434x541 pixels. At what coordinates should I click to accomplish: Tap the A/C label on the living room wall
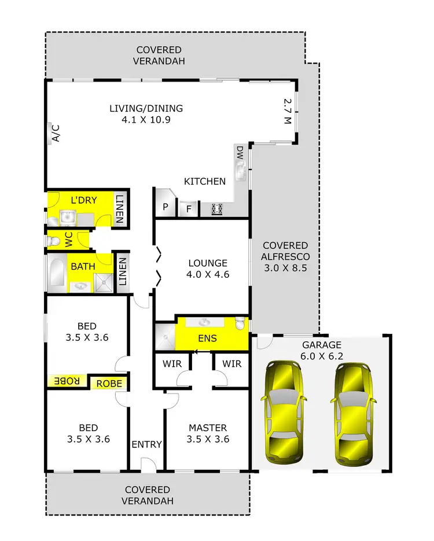(56, 134)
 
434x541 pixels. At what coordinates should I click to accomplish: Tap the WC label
(69, 240)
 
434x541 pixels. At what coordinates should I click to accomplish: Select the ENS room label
(207, 338)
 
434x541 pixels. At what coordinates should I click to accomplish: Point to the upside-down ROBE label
(67, 382)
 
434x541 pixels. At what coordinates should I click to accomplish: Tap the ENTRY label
(146, 444)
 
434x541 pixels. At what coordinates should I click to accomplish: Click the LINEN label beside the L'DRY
(120, 209)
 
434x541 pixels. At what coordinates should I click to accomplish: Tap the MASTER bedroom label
(208, 428)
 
